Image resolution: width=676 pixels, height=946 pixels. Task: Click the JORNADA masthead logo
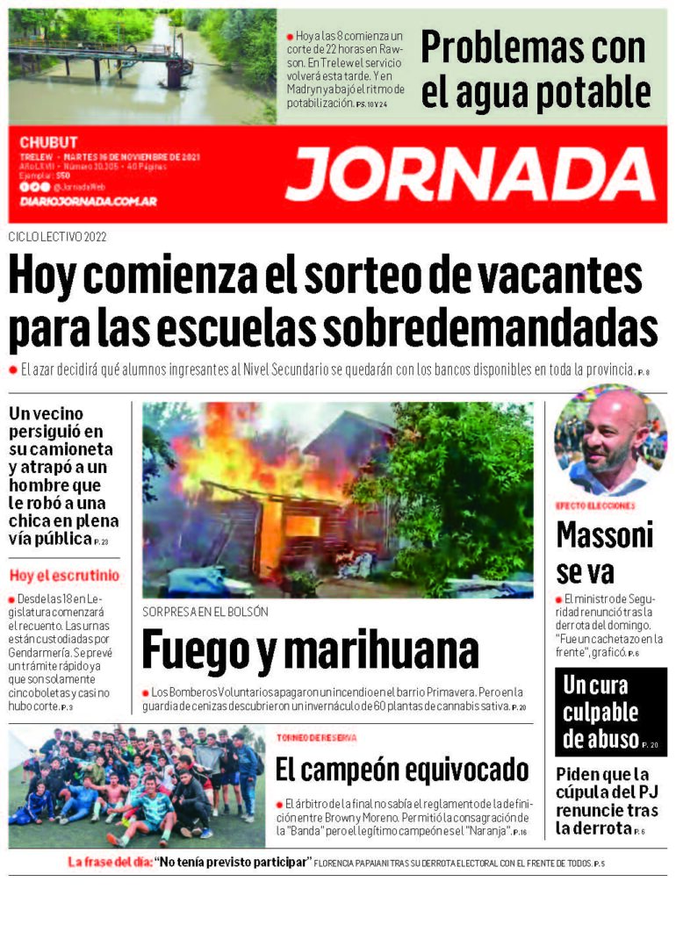[x=470, y=173]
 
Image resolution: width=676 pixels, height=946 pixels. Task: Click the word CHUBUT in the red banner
[x=48, y=142]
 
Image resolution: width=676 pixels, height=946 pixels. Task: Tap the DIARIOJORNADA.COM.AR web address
[x=88, y=202]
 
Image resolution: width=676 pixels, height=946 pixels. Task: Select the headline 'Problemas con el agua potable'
[x=535, y=70]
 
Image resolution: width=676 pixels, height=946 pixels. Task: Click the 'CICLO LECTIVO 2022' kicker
[x=58, y=237]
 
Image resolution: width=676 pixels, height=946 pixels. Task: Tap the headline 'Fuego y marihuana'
[x=309, y=650]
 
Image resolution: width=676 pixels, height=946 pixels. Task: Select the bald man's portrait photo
[x=610, y=441]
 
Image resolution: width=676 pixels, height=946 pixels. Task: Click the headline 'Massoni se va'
[x=604, y=553]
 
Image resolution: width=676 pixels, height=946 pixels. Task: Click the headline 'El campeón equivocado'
[x=401, y=770]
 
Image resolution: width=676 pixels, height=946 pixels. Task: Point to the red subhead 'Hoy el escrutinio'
[x=64, y=576]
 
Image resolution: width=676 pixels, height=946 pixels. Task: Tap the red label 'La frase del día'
[x=109, y=863]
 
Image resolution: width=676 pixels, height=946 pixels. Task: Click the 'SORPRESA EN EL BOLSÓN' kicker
[x=205, y=612]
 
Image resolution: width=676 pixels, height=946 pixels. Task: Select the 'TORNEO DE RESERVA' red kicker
[x=316, y=738]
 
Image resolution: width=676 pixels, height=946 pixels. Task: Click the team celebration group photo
[x=135, y=786]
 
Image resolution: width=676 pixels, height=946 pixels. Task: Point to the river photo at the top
[x=141, y=66]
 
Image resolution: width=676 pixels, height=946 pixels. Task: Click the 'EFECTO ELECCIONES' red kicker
[x=595, y=506]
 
